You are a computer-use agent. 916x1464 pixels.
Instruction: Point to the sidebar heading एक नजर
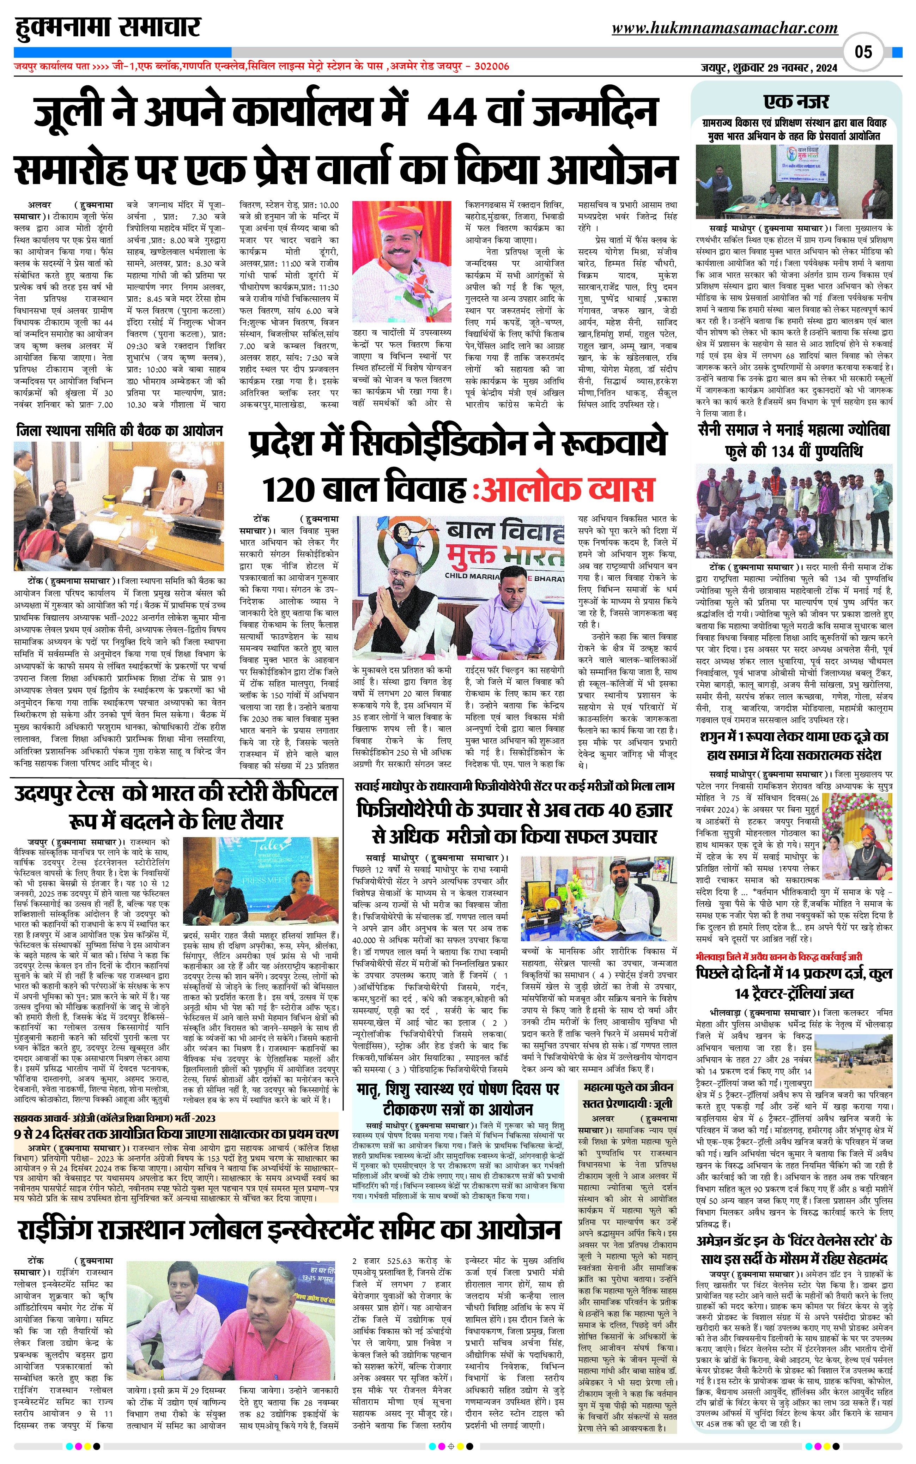point(796,101)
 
